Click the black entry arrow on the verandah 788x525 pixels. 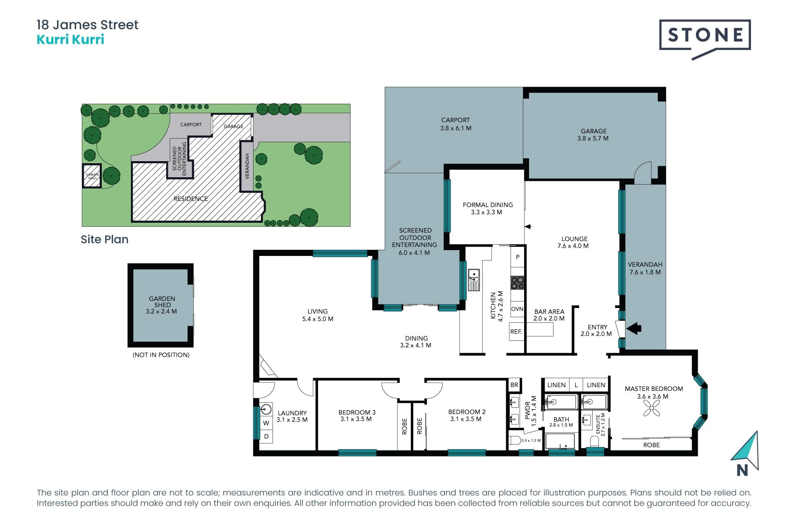coord(634,328)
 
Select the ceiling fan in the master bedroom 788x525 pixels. coord(652,408)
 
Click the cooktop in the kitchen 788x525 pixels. coord(518,283)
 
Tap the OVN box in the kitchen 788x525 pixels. coord(517,309)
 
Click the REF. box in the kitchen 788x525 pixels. coord(516,332)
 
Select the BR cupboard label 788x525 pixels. coord(514,385)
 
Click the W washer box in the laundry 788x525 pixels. coord(266,423)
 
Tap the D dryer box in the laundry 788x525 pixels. coord(266,436)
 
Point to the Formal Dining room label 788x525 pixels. coord(488,208)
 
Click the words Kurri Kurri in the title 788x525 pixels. coord(71,39)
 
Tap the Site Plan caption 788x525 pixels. coord(105,239)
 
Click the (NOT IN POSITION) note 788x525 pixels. coord(161,355)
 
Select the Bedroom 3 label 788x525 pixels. coord(357,415)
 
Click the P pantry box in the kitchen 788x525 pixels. coord(518,257)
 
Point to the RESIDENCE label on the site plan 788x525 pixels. coord(190,199)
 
